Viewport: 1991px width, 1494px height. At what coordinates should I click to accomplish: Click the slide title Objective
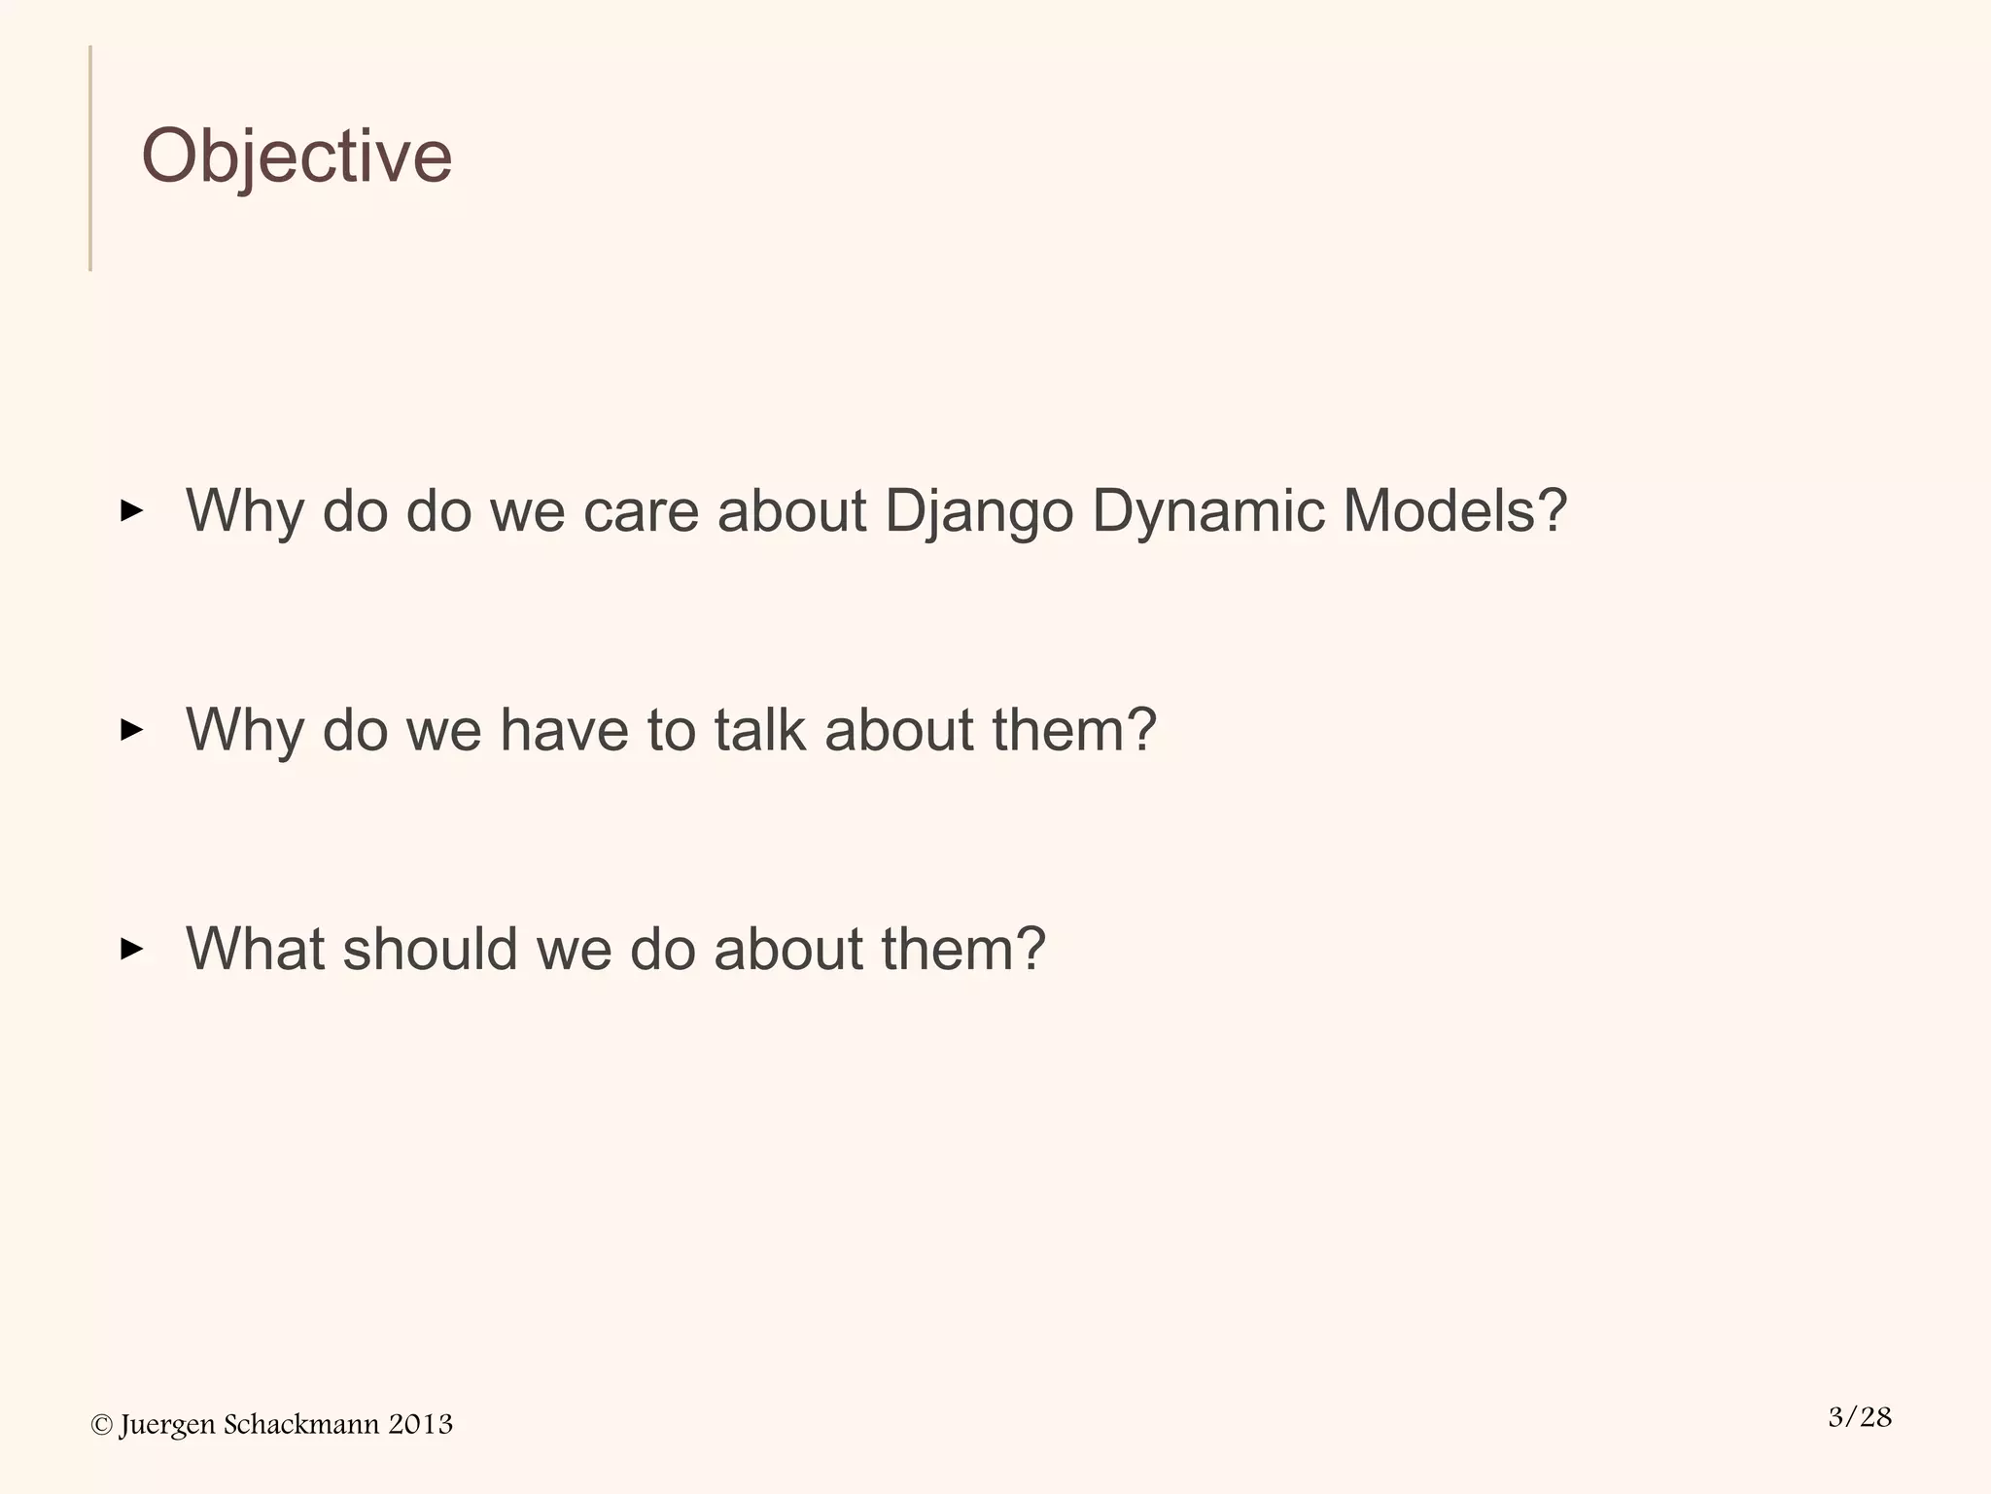297,156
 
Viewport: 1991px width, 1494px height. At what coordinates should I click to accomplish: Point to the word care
641,510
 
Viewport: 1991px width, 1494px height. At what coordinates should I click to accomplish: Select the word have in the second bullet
564,729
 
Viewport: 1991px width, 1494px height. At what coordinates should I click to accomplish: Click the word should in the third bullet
430,948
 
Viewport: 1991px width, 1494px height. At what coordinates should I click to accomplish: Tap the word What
255,948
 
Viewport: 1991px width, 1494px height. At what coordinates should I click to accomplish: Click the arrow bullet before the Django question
131,510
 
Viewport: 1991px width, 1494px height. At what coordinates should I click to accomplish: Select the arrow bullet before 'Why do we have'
131,729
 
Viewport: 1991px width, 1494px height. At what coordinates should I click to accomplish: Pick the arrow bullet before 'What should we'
131,949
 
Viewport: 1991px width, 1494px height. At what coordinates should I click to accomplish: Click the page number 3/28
1860,1417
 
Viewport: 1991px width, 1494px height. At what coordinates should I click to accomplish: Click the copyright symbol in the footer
101,1425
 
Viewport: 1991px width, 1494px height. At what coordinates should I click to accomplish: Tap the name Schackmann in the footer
301,1425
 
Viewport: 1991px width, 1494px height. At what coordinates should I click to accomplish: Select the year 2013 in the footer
420,1425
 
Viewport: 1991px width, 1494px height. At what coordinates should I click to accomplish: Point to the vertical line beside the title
90,157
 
